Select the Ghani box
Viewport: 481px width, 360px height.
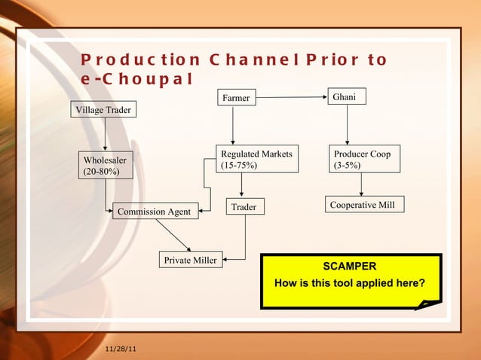coord(346,97)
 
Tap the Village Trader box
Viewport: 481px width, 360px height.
coord(103,111)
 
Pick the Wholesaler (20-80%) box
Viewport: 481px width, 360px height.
coord(105,166)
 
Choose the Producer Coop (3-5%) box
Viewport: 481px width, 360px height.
coord(364,159)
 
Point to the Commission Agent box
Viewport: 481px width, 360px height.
coord(157,212)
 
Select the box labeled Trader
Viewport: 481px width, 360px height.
coord(245,206)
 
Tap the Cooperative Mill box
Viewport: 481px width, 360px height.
coord(365,205)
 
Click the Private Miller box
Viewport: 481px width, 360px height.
coord(190,261)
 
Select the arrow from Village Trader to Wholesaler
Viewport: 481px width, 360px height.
coord(105,136)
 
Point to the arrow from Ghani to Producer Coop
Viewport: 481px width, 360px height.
coord(347,124)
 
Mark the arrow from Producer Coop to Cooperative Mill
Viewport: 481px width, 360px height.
coord(362,185)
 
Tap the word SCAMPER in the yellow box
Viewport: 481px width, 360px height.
coord(349,267)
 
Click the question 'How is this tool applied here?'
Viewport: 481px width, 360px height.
coord(349,284)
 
